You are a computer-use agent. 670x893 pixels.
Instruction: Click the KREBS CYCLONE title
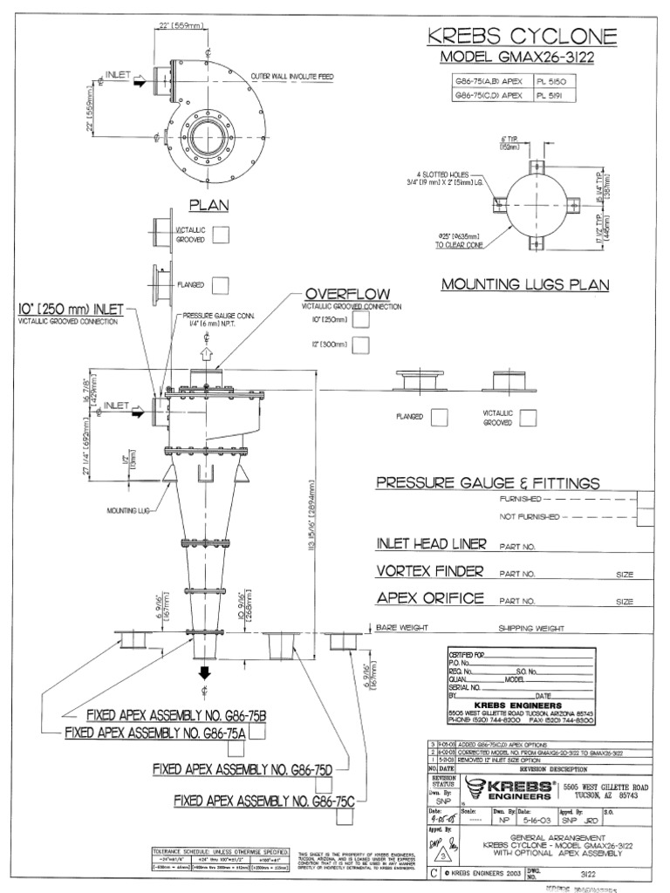click(x=521, y=37)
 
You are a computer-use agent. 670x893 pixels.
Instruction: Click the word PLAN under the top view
click(x=209, y=205)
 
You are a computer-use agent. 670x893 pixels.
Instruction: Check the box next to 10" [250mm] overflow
click(x=361, y=320)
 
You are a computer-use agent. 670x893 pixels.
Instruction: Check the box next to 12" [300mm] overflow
click(x=361, y=344)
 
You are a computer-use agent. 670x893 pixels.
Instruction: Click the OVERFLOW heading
click(x=346, y=293)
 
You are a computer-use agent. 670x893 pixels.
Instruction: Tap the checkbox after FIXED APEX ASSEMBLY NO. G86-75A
click(x=260, y=733)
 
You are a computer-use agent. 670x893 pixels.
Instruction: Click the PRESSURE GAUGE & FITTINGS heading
click(x=487, y=483)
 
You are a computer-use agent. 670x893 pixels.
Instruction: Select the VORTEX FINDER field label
click(x=429, y=572)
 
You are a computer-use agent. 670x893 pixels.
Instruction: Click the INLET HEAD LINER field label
click(x=429, y=544)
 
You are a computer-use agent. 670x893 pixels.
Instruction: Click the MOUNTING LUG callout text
click(x=126, y=510)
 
